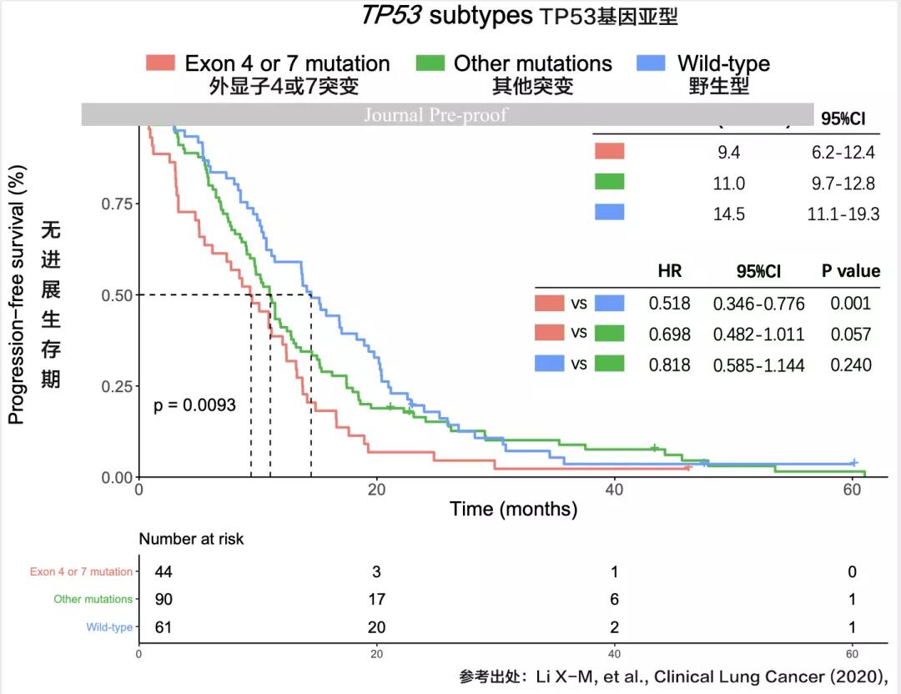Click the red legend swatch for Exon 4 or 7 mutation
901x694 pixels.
(160, 63)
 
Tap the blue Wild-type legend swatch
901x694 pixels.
(651, 63)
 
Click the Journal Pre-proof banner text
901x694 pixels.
(435, 115)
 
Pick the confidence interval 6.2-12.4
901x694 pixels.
(843, 152)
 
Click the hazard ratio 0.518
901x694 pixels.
(669, 304)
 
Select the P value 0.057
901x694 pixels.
(850, 334)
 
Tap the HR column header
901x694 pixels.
(669, 271)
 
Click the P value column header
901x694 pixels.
(850, 271)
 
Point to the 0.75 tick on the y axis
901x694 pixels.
(116, 204)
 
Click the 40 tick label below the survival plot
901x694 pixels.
(614, 490)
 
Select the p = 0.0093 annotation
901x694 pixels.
(194, 405)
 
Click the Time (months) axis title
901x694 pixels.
(513, 509)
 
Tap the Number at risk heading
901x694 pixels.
(191, 539)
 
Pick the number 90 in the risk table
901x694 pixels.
(164, 599)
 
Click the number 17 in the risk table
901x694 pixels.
(378, 599)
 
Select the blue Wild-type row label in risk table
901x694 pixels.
(109, 627)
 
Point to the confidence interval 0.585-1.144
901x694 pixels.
(758, 365)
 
